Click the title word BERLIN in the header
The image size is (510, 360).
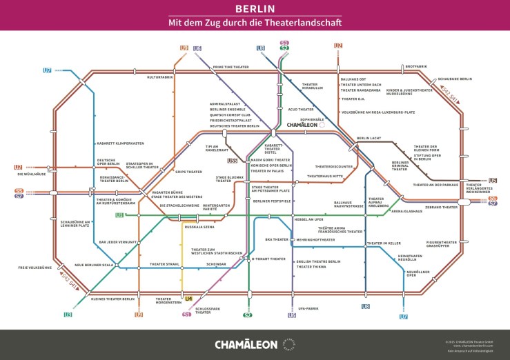point(255,9)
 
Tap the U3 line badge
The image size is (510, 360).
point(68,314)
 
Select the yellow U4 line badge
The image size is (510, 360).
point(188,299)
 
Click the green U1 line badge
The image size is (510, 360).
point(119,215)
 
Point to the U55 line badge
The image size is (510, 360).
point(233,161)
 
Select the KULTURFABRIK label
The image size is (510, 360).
point(159,77)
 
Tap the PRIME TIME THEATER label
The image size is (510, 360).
point(231,67)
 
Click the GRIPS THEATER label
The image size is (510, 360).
point(188,172)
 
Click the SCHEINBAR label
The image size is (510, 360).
point(217,264)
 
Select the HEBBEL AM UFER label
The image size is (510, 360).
point(308,219)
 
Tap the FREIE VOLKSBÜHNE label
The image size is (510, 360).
point(35,267)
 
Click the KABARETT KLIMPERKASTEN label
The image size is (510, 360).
point(120,143)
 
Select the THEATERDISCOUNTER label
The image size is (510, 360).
point(334,166)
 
